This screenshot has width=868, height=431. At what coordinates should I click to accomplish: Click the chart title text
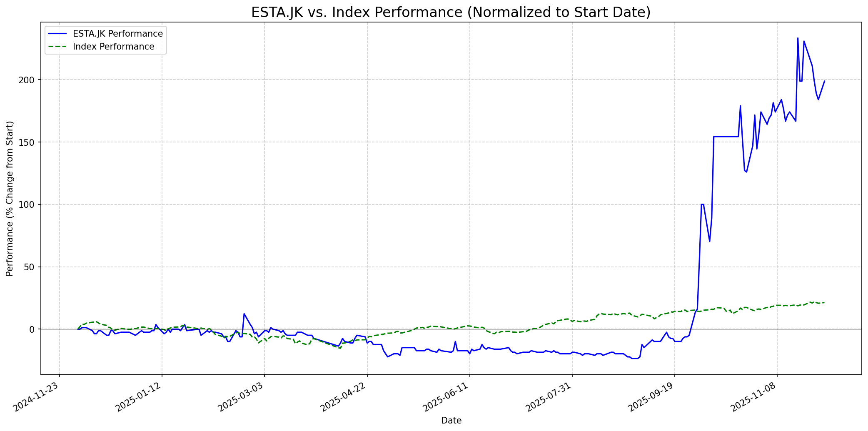[451, 12]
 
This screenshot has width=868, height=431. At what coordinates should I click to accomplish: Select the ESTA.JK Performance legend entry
[117, 34]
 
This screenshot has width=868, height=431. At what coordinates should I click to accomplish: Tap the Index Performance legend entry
[113, 47]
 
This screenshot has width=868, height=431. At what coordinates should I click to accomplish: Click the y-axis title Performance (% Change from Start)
[10, 198]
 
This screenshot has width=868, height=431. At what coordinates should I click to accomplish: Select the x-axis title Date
[451, 421]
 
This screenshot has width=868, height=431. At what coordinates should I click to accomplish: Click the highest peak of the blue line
[798, 38]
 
